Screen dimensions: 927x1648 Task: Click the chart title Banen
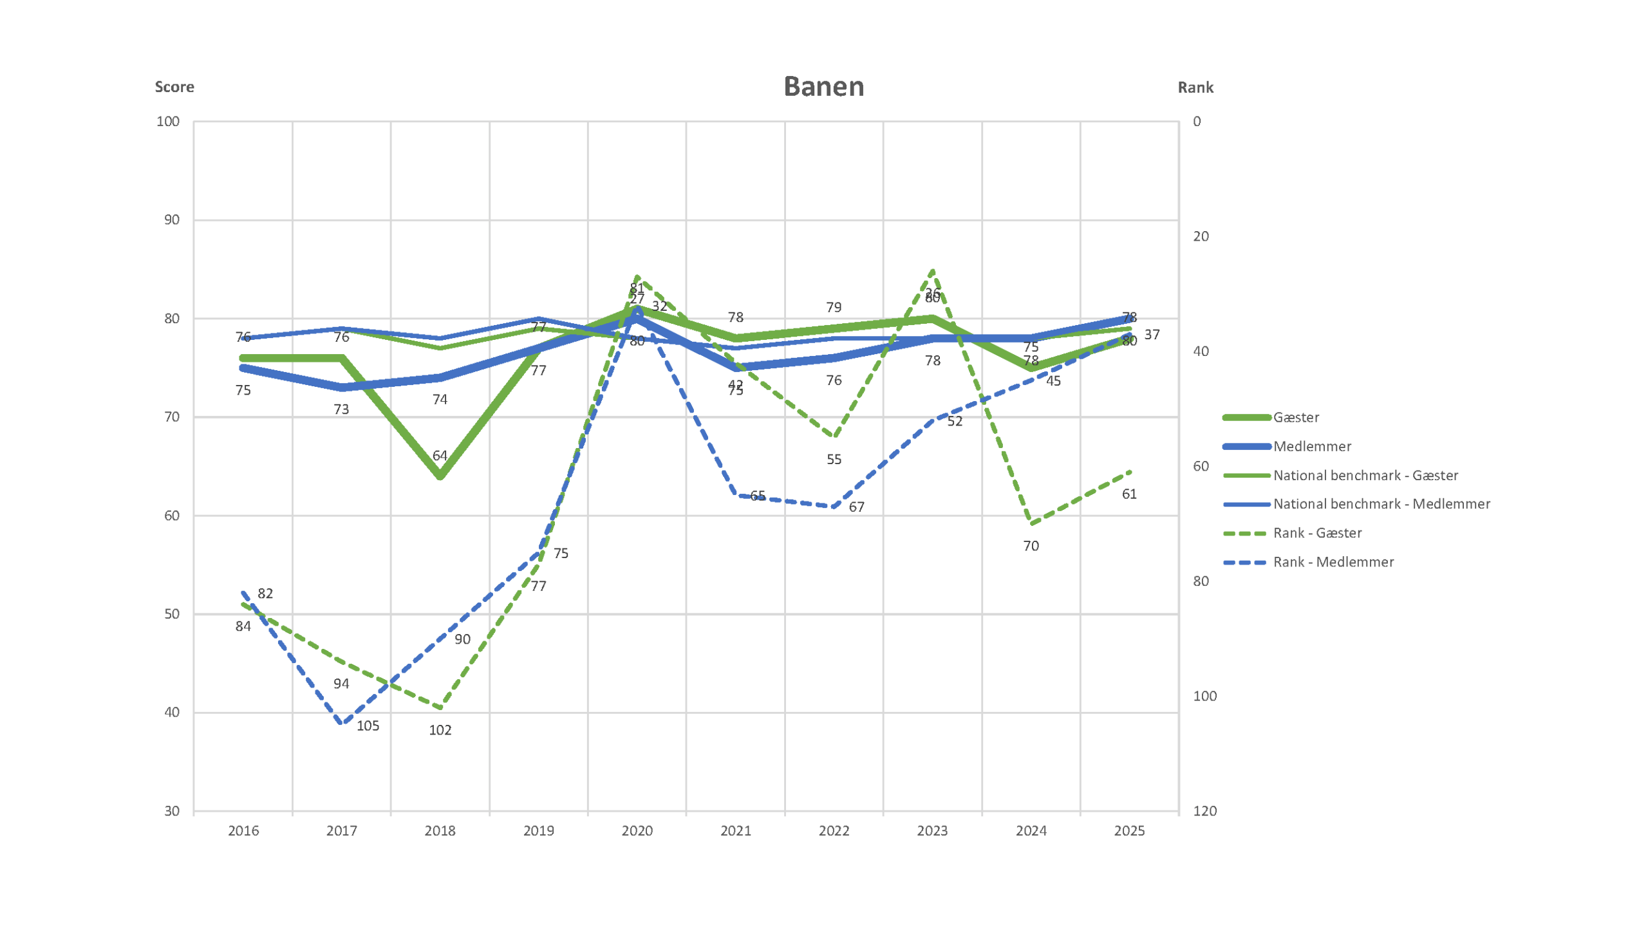823,86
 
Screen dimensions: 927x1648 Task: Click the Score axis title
174,87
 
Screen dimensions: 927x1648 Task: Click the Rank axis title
1195,88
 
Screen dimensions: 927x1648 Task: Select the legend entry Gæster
1295,417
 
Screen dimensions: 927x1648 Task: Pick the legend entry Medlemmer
1311,446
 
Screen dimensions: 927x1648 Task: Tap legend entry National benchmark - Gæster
1365,475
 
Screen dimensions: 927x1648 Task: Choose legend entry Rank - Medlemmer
1333,562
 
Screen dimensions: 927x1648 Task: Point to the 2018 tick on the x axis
440,830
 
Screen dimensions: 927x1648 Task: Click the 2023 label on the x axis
932,830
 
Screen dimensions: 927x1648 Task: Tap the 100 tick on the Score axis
168,122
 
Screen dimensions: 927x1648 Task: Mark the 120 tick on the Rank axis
1204,811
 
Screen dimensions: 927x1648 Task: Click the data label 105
368,726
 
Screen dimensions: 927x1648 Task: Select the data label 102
440,730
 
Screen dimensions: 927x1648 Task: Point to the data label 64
440,456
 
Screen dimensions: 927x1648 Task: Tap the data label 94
341,684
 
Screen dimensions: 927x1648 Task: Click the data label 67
856,507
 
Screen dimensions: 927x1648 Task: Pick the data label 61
1129,494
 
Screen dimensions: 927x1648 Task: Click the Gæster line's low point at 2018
440,476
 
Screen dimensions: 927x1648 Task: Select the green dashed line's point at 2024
1031,523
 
